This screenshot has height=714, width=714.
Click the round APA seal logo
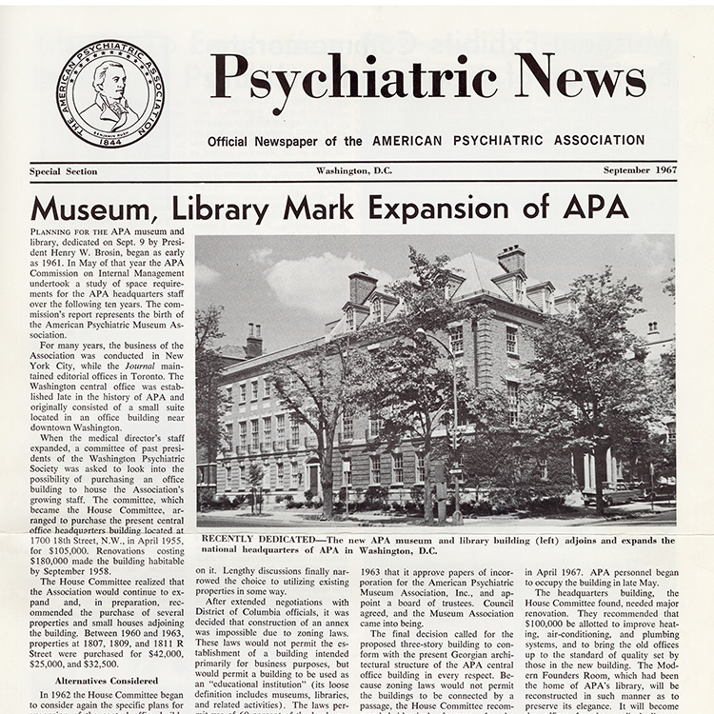(x=109, y=93)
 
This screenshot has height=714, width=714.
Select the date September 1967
(x=640, y=170)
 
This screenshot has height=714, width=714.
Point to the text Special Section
(x=63, y=171)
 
